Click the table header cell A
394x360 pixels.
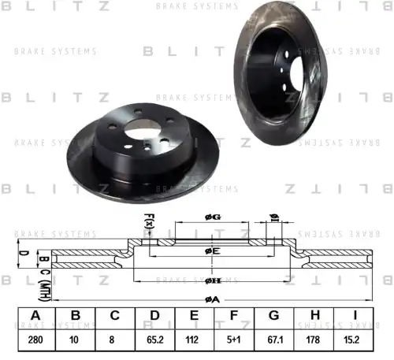click(35, 316)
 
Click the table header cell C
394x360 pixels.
click(115, 316)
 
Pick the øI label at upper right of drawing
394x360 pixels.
click(274, 218)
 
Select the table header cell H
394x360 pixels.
click(314, 316)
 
